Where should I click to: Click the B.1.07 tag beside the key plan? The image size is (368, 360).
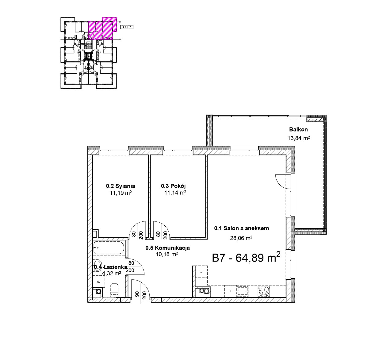click(x=127, y=27)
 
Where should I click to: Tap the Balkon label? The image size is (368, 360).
click(x=298, y=129)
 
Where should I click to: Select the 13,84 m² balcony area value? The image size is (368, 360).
click(x=299, y=138)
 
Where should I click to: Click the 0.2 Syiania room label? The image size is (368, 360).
click(x=121, y=186)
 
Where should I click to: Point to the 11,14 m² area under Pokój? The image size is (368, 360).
click(x=175, y=193)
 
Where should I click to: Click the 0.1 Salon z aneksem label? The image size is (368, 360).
click(x=241, y=228)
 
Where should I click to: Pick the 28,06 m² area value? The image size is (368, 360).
click(x=241, y=238)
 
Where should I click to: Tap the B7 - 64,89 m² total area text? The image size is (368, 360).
click(x=246, y=258)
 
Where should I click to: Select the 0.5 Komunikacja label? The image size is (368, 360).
click(x=167, y=248)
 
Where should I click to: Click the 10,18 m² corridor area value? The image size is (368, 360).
click(x=167, y=254)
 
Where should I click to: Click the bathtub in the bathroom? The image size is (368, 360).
click(x=109, y=248)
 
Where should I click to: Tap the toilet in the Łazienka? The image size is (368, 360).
click(x=114, y=289)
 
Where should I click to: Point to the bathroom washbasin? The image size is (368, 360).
click(x=98, y=265)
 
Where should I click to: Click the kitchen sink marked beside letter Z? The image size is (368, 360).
click(x=243, y=291)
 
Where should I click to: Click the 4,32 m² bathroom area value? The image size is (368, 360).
click(x=112, y=273)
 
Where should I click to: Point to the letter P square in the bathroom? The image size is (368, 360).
click(x=99, y=281)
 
